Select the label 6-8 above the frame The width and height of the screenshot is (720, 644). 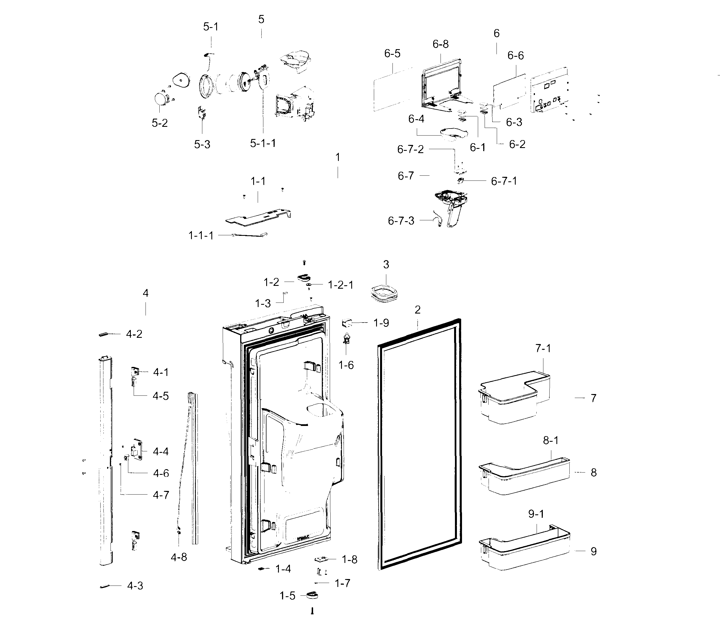click(440, 44)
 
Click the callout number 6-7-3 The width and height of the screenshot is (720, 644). click(401, 221)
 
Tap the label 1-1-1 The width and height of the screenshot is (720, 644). click(201, 235)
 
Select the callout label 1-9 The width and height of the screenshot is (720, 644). click(381, 323)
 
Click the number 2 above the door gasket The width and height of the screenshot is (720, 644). click(417, 310)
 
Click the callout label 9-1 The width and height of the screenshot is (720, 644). click(536, 514)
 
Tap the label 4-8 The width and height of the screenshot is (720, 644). click(179, 557)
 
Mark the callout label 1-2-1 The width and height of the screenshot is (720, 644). click(340, 285)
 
